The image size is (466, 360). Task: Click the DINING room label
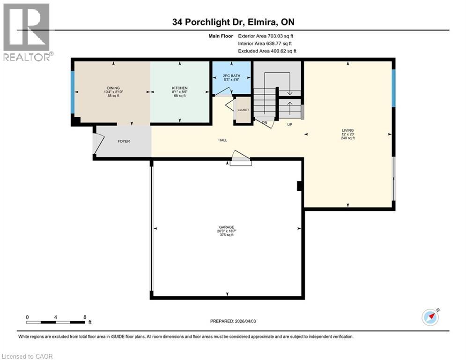point(113,88)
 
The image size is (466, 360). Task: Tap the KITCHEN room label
point(179,88)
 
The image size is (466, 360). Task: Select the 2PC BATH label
point(231,75)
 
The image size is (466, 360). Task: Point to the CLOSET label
point(243,110)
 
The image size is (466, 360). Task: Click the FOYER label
point(124,141)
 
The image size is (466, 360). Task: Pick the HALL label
point(222,140)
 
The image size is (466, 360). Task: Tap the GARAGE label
point(227,227)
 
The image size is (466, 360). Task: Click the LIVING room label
point(348,130)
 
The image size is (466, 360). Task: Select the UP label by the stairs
point(290,124)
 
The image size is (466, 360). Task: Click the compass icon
point(430,317)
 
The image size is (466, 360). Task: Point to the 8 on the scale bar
point(85,317)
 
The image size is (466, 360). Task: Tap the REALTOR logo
point(27,32)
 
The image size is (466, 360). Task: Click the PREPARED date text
point(233,321)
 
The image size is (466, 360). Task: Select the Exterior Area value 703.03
point(275,36)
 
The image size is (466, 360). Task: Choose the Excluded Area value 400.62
point(278,51)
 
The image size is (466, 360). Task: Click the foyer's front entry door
point(98,143)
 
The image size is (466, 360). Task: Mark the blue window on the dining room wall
point(73,92)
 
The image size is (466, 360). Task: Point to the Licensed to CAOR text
point(27,356)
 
